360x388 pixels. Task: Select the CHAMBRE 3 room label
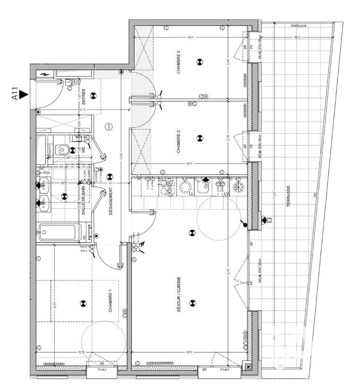pyautogui.click(x=178, y=62)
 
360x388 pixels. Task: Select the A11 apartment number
pyautogui.click(x=15, y=93)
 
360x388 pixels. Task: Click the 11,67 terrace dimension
pyautogui.click(x=277, y=197)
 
